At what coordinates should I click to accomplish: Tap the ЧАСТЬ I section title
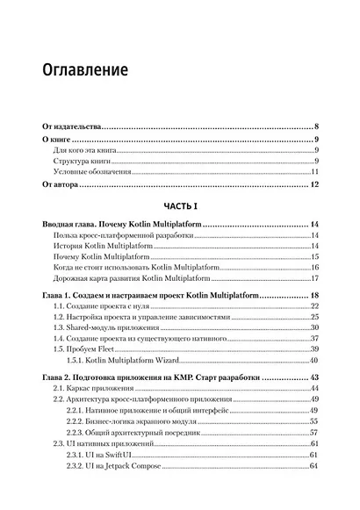(x=180, y=205)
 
